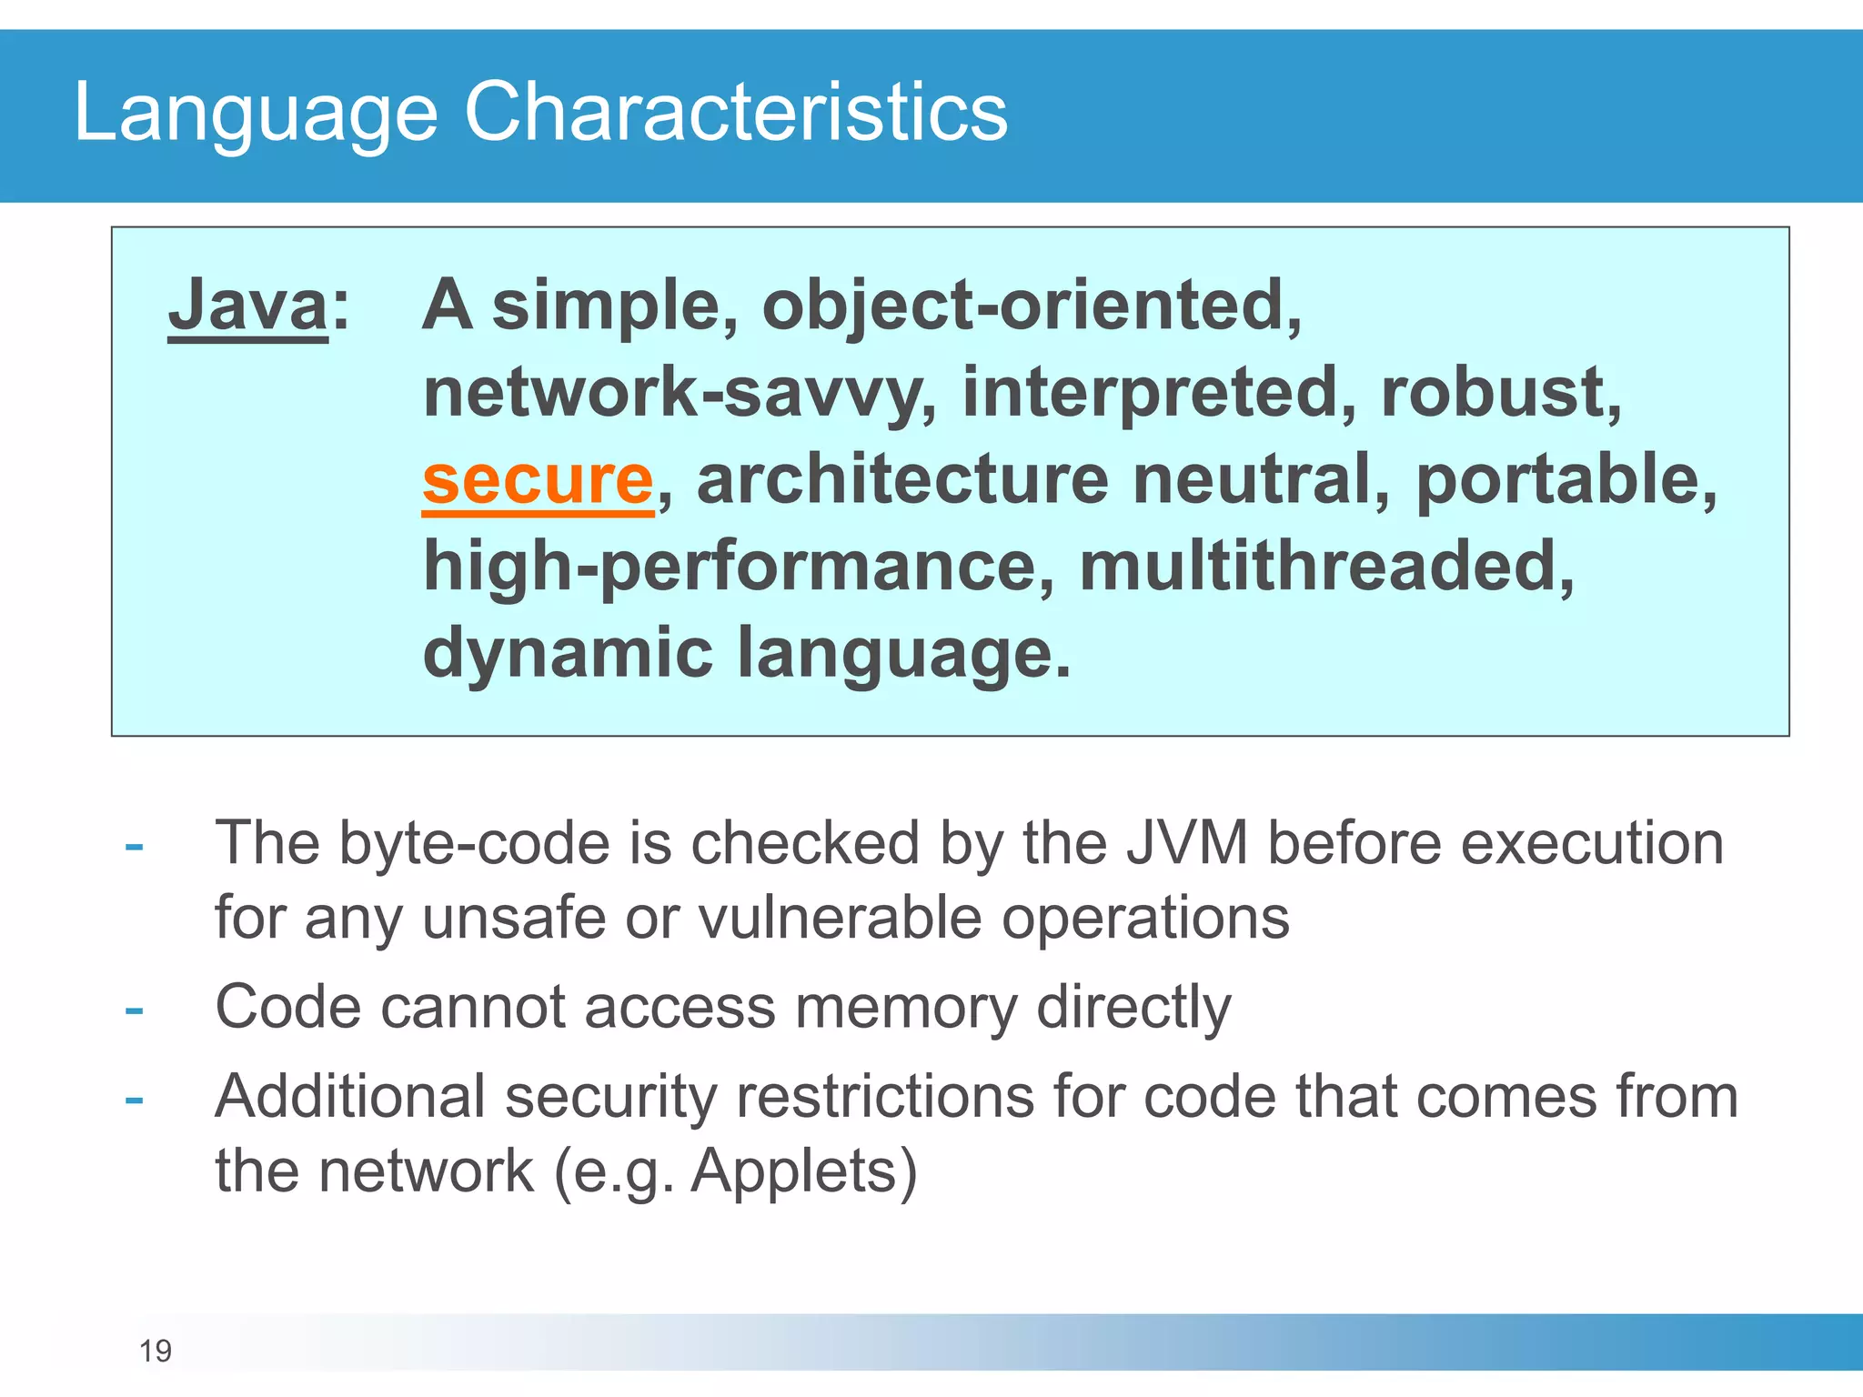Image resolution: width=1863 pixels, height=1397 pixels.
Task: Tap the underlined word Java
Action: click(247, 306)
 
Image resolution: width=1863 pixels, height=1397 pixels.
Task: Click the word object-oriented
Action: click(1032, 306)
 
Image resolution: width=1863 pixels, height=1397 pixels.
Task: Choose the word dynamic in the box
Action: click(568, 653)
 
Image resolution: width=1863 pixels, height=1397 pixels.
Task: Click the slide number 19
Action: click(156, 1351)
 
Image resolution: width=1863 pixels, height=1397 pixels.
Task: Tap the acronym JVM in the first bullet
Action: click(1186, 843)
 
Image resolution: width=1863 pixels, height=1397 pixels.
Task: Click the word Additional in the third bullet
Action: click(349, 1097)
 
